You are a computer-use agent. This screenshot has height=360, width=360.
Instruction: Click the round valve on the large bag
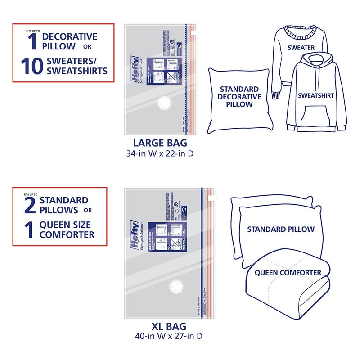pos(162,104)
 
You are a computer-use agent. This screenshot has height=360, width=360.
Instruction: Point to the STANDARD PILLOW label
pos(280,229)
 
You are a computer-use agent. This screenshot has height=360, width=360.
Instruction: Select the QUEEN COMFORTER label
pos(288,272)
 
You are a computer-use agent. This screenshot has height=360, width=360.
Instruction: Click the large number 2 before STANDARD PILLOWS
pos(29,205)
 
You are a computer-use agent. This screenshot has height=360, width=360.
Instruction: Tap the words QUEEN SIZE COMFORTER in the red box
pos(67,229)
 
